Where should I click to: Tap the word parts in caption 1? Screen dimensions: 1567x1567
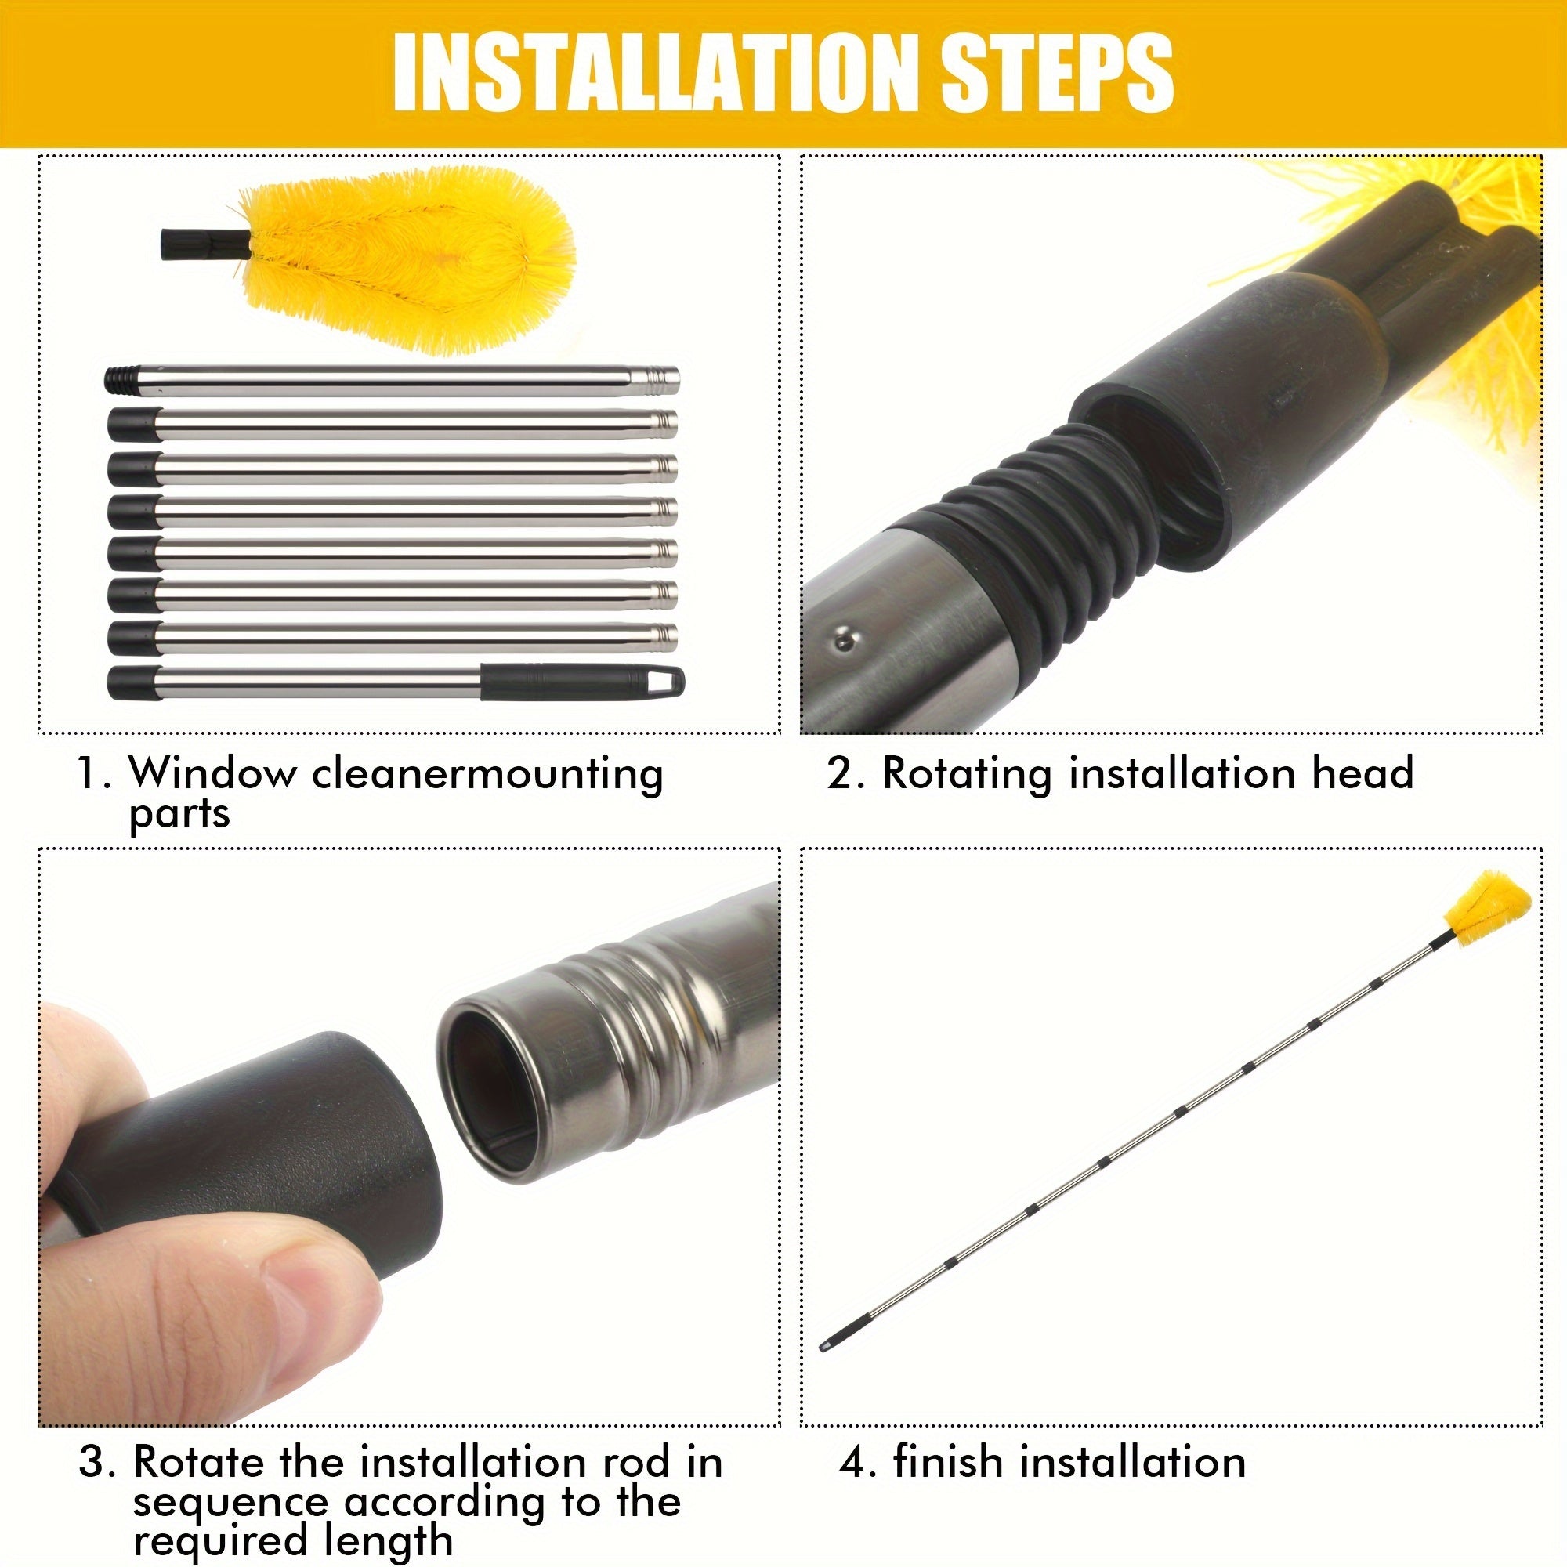click(x=179, y=814)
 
